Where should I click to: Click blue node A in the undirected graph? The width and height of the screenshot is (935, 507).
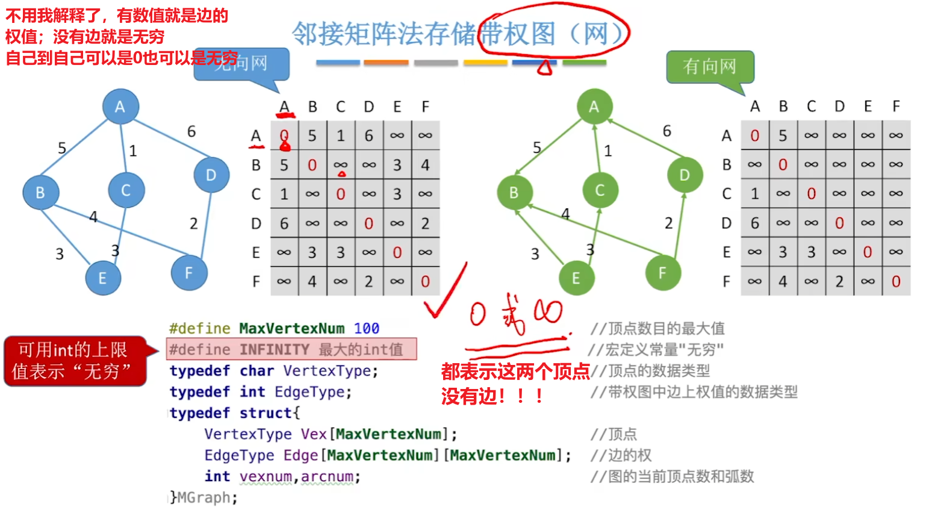(x=120, y=107)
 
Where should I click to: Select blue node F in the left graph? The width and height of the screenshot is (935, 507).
(x=188, y=273)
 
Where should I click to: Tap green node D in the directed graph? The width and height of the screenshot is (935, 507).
(x=685, y=175)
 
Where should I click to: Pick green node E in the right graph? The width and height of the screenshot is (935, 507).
(x=576, y=278)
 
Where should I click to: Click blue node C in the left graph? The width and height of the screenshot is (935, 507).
(x=126, y=190)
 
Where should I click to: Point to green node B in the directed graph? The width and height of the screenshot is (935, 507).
(x=514, y=193)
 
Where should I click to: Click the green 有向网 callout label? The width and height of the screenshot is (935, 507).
(x=710, y=66)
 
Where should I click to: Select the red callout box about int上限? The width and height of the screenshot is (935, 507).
(x=75, y=361)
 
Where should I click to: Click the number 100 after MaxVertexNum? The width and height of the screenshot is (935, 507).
(x=366, y=328)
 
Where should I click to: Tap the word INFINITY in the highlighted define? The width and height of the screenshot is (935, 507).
(x=274, y=350)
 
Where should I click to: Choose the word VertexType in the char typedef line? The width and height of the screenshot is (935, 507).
(x=327, y=371)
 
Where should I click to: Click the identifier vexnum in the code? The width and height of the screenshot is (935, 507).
(x=266, y=477)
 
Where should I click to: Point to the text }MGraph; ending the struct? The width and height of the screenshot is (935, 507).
(x=203, y=498)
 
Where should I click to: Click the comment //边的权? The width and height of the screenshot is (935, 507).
(x=621, y=455)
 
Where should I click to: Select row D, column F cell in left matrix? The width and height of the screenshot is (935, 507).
(x=425, y=223)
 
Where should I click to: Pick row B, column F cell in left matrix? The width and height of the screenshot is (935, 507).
(x=425, y=165)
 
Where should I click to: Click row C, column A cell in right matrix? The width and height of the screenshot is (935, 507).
(x=754, y=194)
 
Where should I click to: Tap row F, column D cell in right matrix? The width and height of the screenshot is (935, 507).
(x=839, y=281)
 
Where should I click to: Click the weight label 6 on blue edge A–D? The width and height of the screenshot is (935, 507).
(x=191, y=131)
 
